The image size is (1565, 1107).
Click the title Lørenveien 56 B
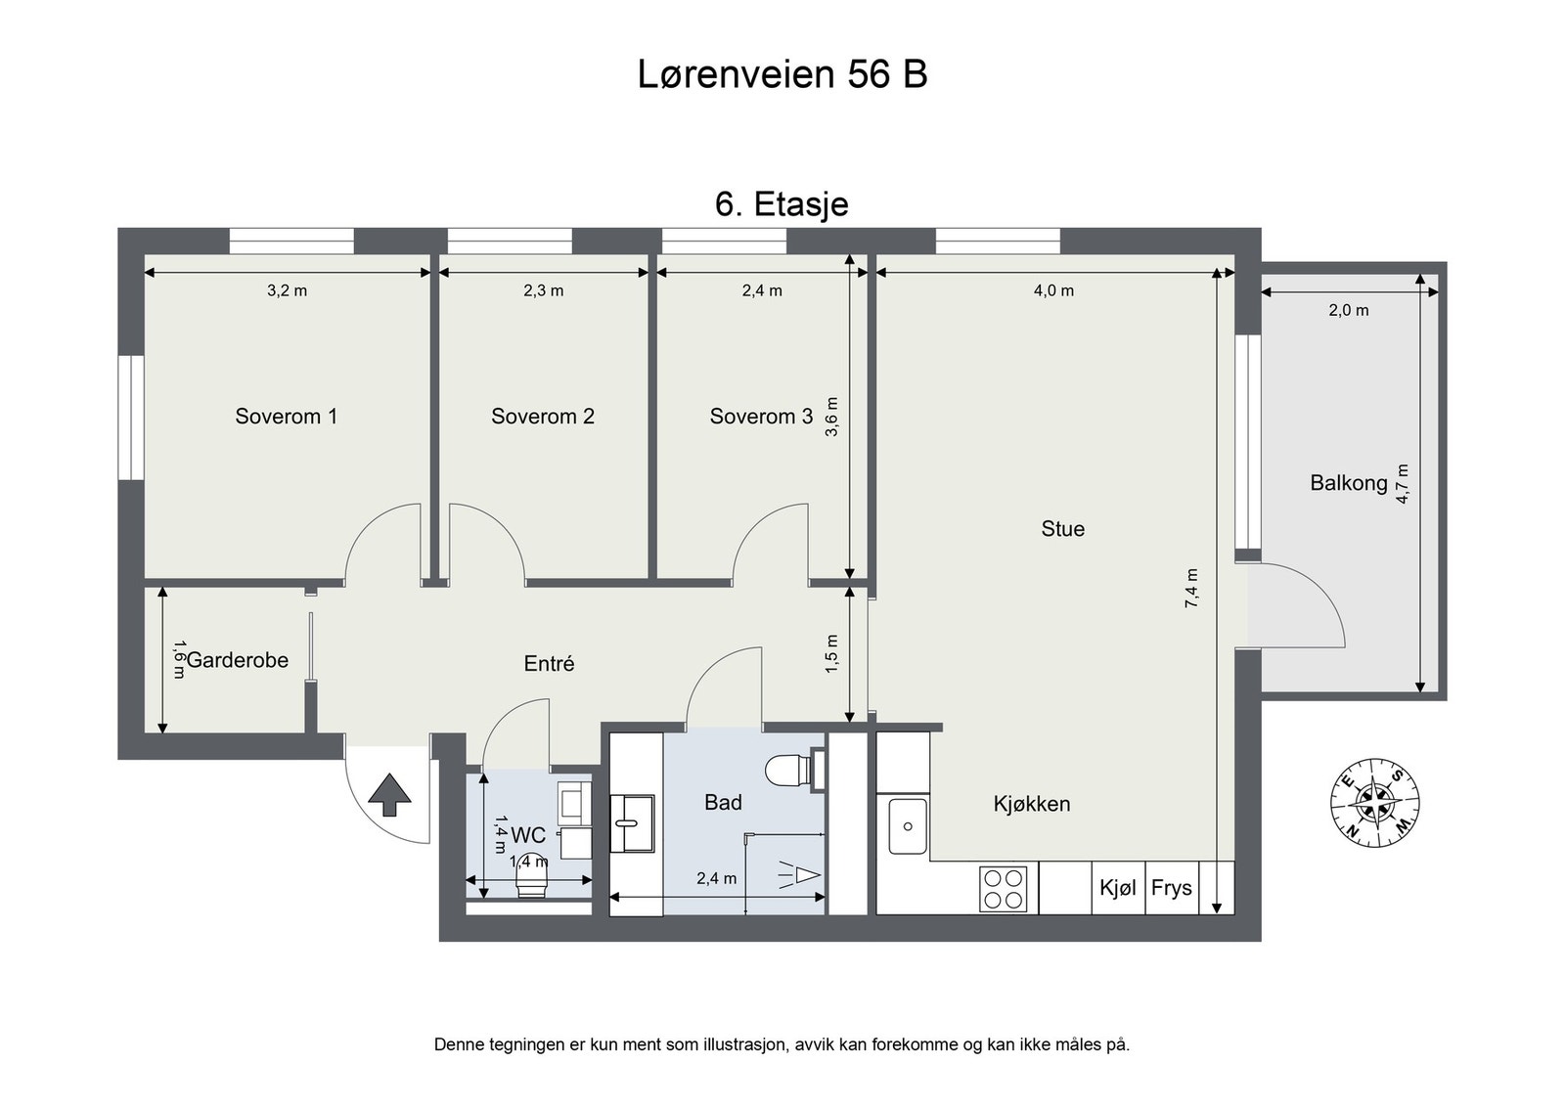[782, 74]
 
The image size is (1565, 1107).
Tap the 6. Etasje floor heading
[782, 204]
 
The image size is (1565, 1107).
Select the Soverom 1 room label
[286, 417]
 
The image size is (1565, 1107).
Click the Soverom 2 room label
[542, 417]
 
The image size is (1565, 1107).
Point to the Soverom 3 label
[760, 417]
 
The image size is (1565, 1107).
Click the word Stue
[1062, 529]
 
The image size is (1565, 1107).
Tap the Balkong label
[1348, 482]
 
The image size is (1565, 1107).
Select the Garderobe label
[237, 660]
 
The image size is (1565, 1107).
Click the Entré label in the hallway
[549, 664]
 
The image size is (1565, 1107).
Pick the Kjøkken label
[1031, 804]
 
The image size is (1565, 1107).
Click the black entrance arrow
[389, 794]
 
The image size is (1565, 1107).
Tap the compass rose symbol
[1375, 802]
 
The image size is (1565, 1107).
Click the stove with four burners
[1004, 889]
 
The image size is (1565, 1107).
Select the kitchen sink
[907, 826]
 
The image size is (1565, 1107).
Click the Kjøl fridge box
[1118, 888]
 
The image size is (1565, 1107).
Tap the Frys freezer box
[1171, 888]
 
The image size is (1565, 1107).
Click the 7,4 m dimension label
[1191, 589]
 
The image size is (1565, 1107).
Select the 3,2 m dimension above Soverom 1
[287, 290]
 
